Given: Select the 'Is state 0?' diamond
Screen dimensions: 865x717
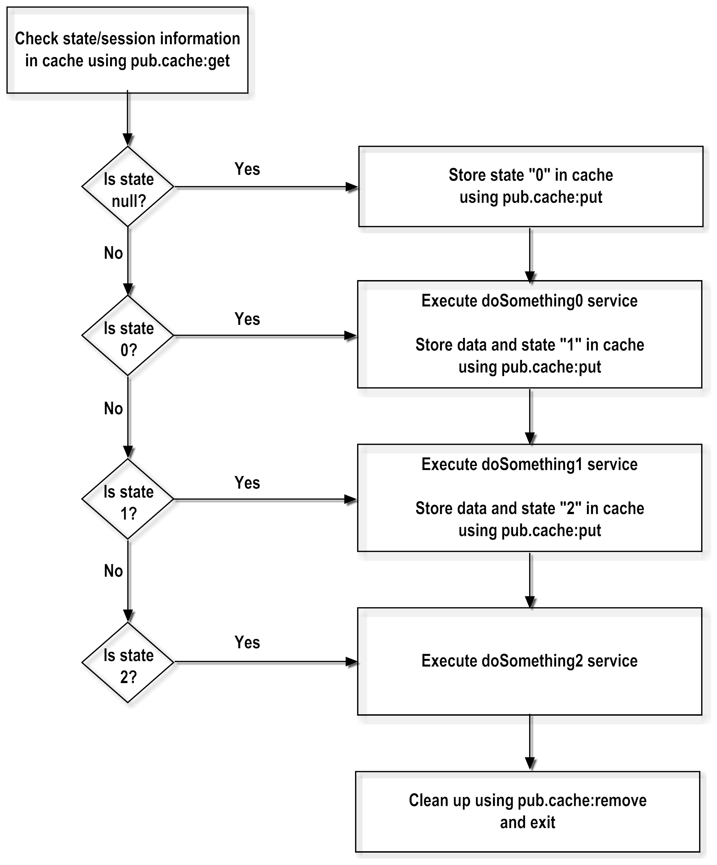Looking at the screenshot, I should click(128, 336).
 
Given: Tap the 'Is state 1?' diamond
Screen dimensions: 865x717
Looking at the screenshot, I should click(128, 499).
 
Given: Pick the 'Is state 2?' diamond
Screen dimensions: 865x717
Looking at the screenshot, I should click(128, 662).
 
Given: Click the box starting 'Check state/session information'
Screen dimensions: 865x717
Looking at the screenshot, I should click(127, 50).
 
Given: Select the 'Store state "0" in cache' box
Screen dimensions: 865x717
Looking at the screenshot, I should click(531, 186).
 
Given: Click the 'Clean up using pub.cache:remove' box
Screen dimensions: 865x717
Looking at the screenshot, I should click(527, 811).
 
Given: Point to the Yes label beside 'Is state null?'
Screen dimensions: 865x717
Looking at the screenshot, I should click(247, 169).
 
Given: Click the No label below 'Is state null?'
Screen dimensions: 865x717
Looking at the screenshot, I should click(113, 253).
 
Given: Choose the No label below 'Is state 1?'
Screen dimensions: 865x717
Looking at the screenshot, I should click(113, 571).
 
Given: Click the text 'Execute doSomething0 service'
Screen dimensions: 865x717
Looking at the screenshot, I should click(529, 301).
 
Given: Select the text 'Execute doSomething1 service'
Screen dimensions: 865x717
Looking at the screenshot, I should click(529, 464).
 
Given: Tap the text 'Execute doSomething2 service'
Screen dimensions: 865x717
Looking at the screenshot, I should click(529, 661).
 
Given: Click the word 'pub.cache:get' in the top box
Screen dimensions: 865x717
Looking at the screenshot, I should click(180, 61).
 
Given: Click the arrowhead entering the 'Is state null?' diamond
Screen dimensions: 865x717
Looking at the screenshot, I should click(128, 139).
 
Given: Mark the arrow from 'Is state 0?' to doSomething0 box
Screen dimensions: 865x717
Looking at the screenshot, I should click(264, 336).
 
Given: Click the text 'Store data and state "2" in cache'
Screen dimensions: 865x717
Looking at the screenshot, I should click(529, 509).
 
